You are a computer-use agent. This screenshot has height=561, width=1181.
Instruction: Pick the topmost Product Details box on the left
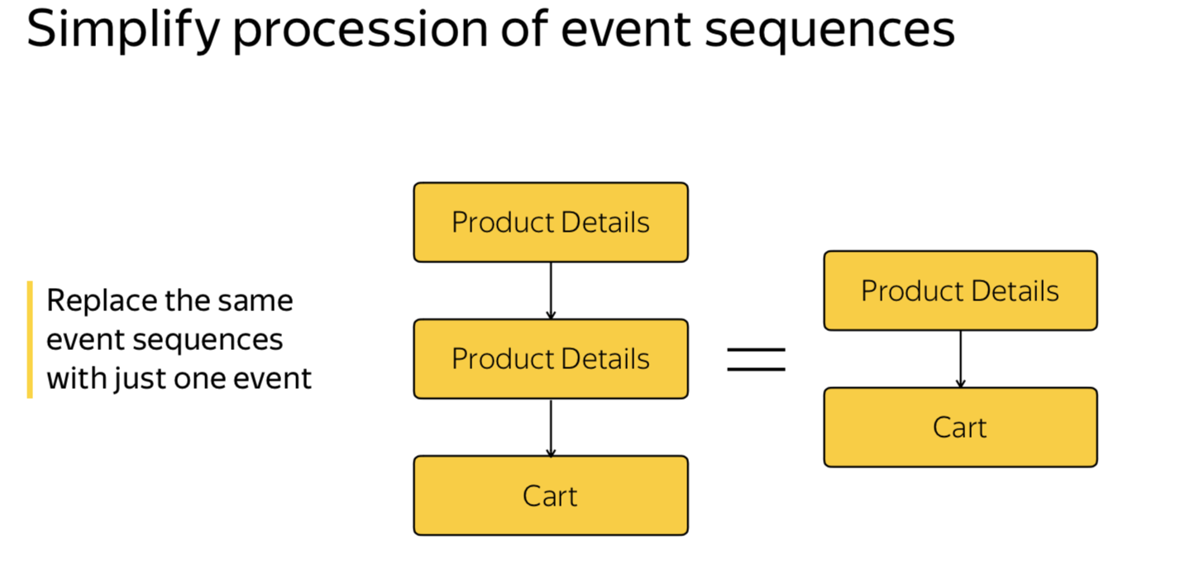[x=550, y=223]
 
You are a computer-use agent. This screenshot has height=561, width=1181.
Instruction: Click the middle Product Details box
[x=550, y=359]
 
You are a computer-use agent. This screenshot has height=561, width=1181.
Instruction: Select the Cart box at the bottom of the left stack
[x=550, y=496]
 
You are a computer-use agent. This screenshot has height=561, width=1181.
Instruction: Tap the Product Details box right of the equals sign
[x=959, y=291]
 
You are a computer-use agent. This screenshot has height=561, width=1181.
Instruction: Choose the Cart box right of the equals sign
[x=959, y=428]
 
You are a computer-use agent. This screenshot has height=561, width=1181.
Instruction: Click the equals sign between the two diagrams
[x=756, y=359]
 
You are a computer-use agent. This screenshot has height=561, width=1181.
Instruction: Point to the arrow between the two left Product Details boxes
[x=551, y=290]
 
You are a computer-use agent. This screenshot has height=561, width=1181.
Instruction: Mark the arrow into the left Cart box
[x=551, y=427]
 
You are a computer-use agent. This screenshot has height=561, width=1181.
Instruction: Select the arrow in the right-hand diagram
[x=960, y=359]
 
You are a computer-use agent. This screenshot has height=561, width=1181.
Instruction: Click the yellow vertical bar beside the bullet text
[x=30, y=339]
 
